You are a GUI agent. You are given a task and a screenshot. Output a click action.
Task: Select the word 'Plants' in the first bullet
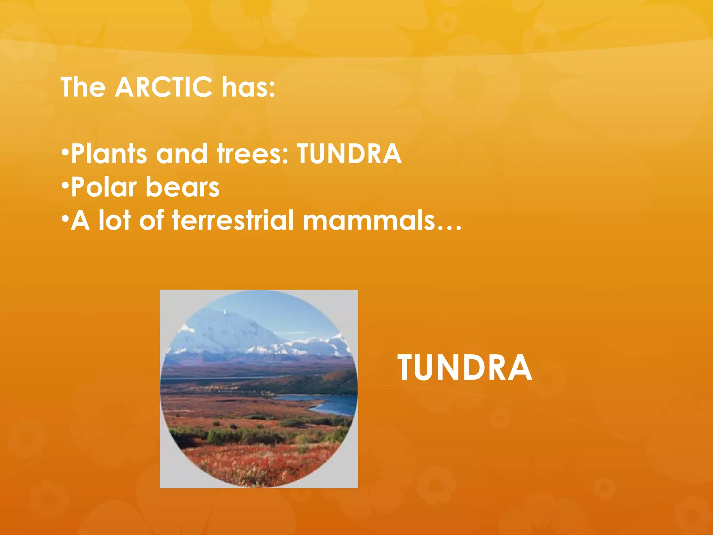[x=109, y=154]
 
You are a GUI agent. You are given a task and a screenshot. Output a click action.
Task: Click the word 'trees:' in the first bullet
[x=253, y=154]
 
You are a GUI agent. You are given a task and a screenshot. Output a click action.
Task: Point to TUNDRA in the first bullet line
[x=349, y=154]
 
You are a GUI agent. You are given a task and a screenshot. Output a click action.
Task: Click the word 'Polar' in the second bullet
[x=104, y=187]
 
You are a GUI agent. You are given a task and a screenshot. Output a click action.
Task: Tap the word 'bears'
[x=182, y=187]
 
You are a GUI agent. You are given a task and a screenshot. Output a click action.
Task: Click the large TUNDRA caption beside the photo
[x=464, y=368]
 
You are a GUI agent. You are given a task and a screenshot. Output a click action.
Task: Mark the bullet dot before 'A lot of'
[x=65, y=219]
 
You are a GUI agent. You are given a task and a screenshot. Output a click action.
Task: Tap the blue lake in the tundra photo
[x=331, y=404]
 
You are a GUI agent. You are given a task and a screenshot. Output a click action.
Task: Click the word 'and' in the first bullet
[x=182, y=154]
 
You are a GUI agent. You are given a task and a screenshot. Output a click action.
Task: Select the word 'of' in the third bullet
[x=151, y=220]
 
